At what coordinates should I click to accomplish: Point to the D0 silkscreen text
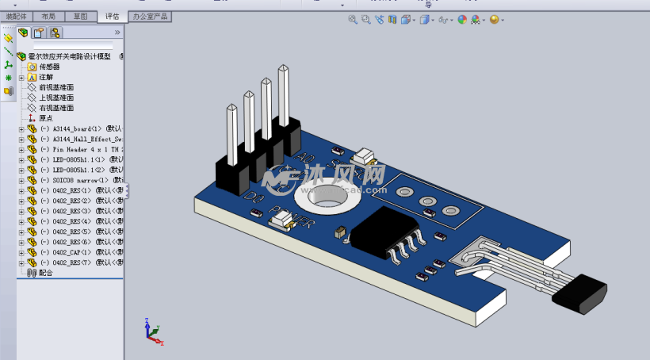pyautogui.click(x=253, y=197)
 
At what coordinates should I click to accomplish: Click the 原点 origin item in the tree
pyautogui.click(x=46, y=118)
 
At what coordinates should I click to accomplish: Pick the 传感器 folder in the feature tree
pyautogui.click(x=49, y=67)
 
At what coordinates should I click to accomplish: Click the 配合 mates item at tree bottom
pyautogui.click(x=45, y=273)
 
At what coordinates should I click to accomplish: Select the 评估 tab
pyautogui.click(x=111, y=16)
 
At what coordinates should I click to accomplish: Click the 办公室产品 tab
pyautogui.click(x=150, y=16)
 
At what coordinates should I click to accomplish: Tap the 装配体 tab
pyautogui.click(x=16, y=16)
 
